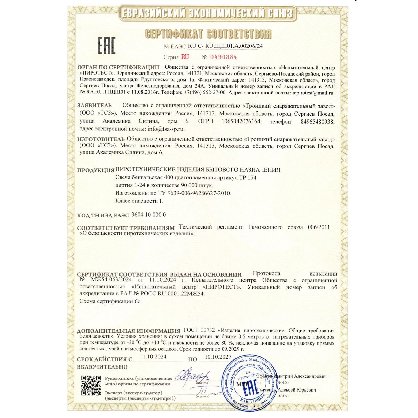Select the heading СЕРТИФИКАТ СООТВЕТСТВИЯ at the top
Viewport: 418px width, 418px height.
[208, 34]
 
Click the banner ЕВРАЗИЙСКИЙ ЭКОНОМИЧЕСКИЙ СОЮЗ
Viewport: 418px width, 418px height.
[207, 13]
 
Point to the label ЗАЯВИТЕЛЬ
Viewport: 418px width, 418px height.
[94, 105]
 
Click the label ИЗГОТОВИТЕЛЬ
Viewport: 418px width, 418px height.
[101, 139]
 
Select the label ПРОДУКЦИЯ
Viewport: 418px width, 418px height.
[95, 170]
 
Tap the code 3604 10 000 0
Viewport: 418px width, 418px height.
[148, 215]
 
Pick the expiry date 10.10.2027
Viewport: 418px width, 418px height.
[218, 357]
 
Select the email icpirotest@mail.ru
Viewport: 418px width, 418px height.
[313, 93]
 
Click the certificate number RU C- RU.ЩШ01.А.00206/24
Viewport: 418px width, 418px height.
[225, 46]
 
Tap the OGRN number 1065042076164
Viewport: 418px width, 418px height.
[241, 121]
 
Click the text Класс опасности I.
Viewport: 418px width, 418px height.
[139, 201]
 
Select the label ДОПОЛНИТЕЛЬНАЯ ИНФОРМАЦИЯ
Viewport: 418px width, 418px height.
[129, 331]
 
